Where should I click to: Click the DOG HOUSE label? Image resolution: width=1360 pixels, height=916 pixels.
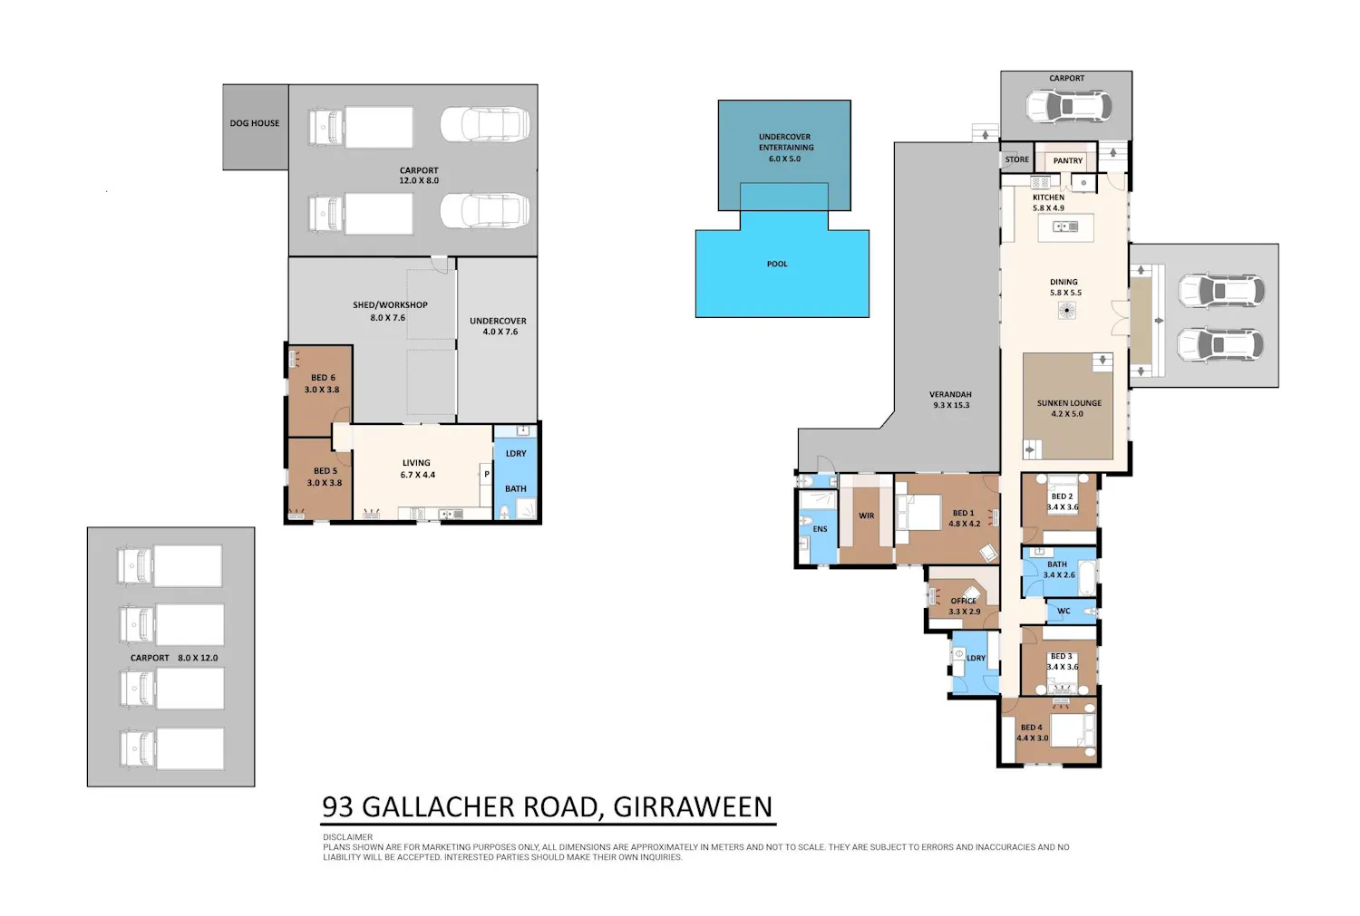(x=255, y=123)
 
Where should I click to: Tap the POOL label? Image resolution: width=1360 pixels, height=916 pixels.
(x=777, y=264)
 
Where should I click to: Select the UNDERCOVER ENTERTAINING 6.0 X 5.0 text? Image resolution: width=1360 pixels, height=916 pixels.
(x=784, y=148)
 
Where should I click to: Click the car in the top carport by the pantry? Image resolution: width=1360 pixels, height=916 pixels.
(x=1069, y=106)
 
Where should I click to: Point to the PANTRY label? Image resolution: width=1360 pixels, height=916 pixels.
(x=1068, y=160)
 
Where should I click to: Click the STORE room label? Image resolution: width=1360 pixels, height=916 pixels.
(x=1017, y=159)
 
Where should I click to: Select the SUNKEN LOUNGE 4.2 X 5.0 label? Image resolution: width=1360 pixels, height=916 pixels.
(x=1069, y=409)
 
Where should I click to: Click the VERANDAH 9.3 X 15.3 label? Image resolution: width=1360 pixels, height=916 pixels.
(x=951, y=400)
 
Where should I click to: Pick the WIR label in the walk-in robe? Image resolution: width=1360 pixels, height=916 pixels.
(x=867, y=516)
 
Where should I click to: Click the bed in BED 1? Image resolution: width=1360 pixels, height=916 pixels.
(x=918, y=513)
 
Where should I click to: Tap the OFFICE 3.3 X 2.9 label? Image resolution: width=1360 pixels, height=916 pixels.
(x=964, y=606)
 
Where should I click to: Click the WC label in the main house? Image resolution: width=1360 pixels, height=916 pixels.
(x=1064, y=611)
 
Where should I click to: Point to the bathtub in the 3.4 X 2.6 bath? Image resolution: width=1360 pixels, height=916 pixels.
(x=1087, y=578)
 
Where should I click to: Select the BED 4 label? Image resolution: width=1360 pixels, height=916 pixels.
(x=1032, y=728)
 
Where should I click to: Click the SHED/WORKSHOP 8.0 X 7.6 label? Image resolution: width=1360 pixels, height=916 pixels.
(x=390, y=311)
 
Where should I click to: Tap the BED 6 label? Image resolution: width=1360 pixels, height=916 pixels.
(x=323, y=377)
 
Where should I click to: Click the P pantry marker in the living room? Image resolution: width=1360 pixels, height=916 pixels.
(x=486, y=475)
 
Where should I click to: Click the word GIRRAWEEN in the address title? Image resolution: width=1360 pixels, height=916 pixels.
(x=693, y=806)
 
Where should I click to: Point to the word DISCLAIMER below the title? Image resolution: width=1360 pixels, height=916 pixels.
(x=348, y=837)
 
